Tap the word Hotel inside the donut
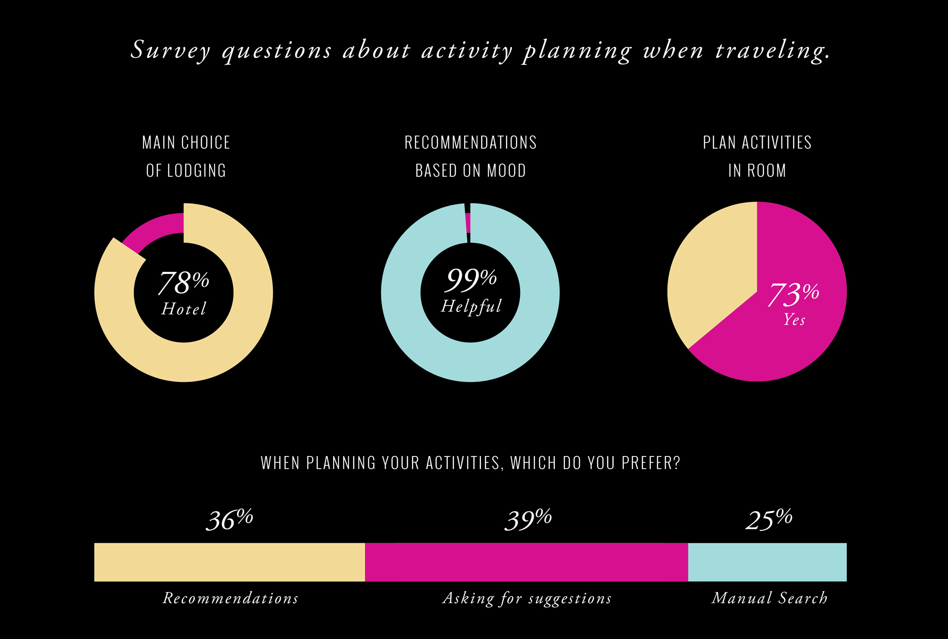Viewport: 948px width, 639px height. pyautogui.click(x=184, y=309)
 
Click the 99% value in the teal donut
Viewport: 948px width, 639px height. pyautogui.click(x=471, y=280)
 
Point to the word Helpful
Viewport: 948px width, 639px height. pyautogui.click(x=471, y=306)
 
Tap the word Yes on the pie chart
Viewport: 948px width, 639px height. pyautogui.click(x=794, y=319)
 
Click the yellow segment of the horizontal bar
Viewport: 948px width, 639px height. pyautogui.click(x=229, y=562)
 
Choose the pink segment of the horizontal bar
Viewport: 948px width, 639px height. pyautogui.click(x=526, y=562)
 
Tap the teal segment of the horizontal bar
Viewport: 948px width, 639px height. pyautogui.click(x=767, y=562)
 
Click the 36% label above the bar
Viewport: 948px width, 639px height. pyautogui.click(x=229, y=520)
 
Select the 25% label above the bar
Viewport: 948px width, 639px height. pyautogui.click(x=768, y=520)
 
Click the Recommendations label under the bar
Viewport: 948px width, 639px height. pyautogui.click(x=231, y=598)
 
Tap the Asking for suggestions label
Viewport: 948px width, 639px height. pyautogui.click(x=527, y=598)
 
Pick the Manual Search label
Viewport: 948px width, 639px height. pyautogui.click(x=769, y=598)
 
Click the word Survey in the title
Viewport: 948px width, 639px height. pyautogui.click(x=170, y=50)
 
